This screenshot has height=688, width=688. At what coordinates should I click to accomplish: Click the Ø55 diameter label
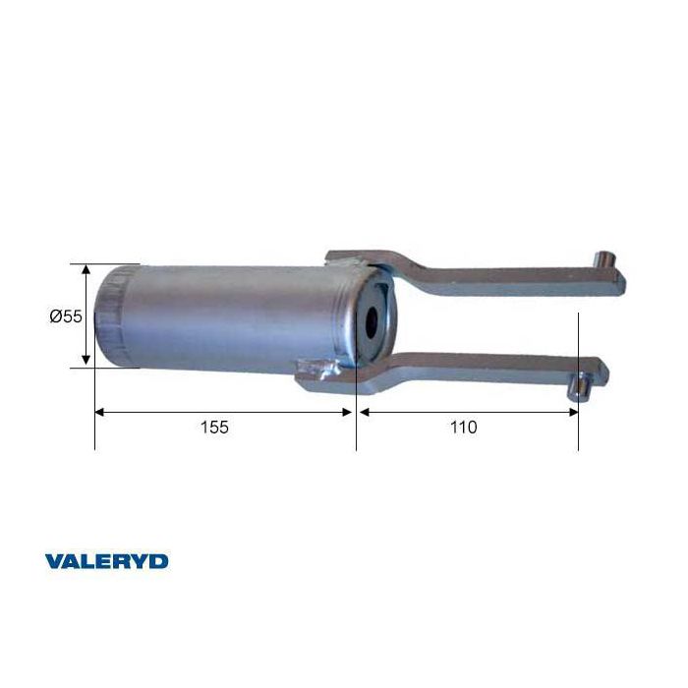pyautogui.click(x=66, y=315)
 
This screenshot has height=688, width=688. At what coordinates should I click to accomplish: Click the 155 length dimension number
pyautogui.click(x=214, y=427)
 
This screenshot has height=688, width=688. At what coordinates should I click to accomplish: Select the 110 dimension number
pyautogui.click(x=464, y=427)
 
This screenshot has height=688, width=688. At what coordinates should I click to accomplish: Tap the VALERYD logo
pyautogui.click(x=106, y=561)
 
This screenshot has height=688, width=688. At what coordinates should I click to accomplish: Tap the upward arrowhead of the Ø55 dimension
pyautogui.click(x=86, y=269)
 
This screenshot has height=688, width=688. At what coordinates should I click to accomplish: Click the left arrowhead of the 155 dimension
pyautogui.click(x=100, y=412)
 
